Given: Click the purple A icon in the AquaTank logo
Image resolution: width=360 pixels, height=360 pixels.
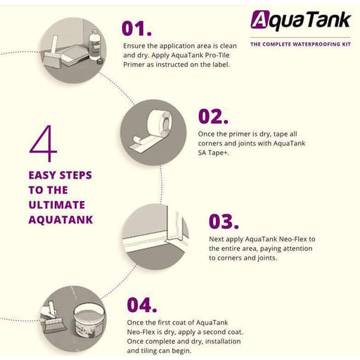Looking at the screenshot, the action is coord(259,20).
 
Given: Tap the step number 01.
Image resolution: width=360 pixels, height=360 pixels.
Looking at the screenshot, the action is coord(136,29).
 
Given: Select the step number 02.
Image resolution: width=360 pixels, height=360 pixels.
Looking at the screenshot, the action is coord(213,116).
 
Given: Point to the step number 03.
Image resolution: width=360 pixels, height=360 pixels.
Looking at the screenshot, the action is coord(224,221).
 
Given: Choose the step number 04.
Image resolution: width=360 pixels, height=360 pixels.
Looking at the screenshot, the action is coord(142,304).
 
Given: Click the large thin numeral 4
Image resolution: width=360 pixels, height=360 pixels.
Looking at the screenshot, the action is coord(44,143).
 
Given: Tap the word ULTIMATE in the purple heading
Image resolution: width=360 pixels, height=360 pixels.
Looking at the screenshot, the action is coord(57,205).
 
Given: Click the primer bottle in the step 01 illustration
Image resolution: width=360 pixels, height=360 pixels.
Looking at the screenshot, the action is coord(95,44).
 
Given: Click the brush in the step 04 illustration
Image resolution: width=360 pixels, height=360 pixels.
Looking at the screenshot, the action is coord(52,318).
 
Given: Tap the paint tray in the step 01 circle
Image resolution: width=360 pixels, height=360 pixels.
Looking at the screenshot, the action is coord(72,56).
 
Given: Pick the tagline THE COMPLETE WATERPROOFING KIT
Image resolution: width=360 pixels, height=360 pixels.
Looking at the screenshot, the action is coord(300,44).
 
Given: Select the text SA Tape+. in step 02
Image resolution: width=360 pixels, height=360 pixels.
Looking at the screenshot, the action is coord(214,153).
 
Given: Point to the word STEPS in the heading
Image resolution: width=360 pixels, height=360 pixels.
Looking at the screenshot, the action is coord(75,175).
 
